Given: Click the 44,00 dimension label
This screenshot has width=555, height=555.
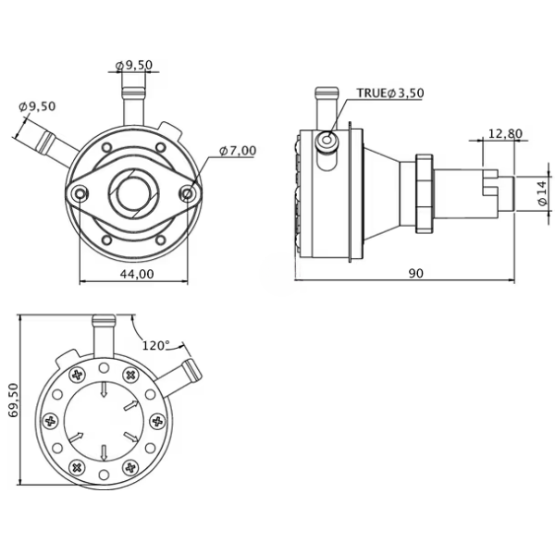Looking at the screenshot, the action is pos(137,274).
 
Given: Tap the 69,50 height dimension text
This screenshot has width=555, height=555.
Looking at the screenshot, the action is pos(14,400).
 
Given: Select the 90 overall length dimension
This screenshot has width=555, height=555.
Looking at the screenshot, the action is pos(416,273).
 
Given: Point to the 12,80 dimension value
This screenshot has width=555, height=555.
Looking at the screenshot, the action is pos(505,133).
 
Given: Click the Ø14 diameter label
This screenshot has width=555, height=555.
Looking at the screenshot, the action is pos(542,193).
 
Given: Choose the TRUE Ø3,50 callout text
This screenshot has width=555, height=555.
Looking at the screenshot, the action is pos(390,92).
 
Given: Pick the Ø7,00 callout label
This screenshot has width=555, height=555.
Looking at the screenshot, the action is pos(238,151).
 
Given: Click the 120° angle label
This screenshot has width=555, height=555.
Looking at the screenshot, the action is pos(155,345).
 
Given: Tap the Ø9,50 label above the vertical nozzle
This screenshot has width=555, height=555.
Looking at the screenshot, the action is pos(134,65).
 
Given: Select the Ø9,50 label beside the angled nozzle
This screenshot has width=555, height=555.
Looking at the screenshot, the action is pos(37,106).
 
